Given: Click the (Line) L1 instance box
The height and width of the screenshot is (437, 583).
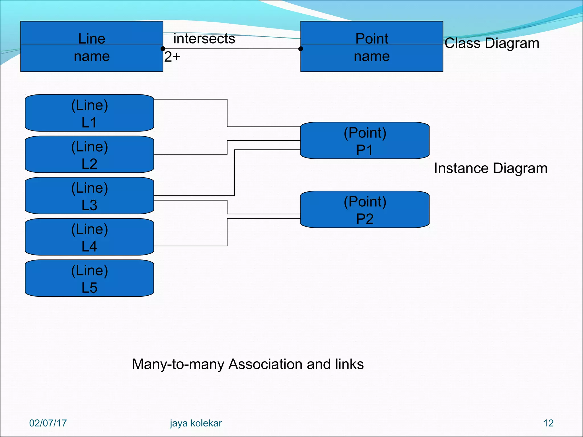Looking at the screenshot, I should [89, 113].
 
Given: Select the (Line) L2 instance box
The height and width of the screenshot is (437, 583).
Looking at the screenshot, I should [89, 154].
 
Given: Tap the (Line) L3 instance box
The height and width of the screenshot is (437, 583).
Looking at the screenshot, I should [89, 196].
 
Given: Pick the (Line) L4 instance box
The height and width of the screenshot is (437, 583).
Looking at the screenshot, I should [89, 237].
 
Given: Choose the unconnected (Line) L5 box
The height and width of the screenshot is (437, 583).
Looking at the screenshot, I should [89, 278].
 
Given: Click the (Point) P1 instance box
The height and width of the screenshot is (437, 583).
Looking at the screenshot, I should [365, 141].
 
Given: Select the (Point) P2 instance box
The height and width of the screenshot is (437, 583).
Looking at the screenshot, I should [365, 209].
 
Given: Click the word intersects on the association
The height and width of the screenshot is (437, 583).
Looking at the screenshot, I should [204, 39].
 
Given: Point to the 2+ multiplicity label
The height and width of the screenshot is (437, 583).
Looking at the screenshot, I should [172, 57].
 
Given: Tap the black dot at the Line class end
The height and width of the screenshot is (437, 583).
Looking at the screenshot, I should [163, 49].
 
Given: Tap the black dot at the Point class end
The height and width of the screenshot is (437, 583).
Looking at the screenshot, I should [301, 49].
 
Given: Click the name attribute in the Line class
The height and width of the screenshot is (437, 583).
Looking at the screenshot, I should [92, 56].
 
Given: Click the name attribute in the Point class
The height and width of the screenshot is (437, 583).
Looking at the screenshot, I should [372, 56].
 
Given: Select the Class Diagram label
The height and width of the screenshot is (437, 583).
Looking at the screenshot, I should [492, 43].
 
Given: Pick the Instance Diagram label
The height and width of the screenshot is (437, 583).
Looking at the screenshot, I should [490, 168].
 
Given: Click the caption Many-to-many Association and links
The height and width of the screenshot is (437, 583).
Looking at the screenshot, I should [248, 364].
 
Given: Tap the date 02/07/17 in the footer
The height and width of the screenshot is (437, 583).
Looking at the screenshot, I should [48, 423].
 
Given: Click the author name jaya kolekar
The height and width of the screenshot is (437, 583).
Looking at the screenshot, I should [196, 423].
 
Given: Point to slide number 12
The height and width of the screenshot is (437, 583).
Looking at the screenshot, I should [548, 423].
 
